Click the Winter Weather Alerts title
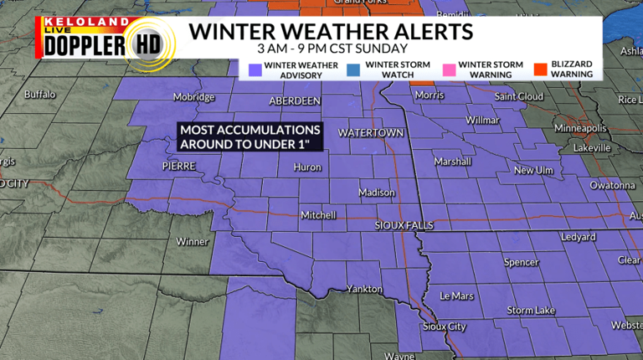pyautogui.click(x=330, y=32)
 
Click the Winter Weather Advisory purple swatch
pyautogui.click(x=254, y=69)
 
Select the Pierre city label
pyautogui.click(x=178, y=167)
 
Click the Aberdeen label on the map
pyautogui.click(x=295, y=100)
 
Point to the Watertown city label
pyautogui.click(x=371, y=133)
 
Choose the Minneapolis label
pyautogui.click(x=580, y=128)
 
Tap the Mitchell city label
pyautogui.click(x=318, y=215)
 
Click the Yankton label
pyautogui.click(x=364, y=290)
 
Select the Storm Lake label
pyautogui.click(x=531, y=311)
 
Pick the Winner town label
pyautogui.click(x=192, y=242)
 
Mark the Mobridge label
pyautogui.click(x=194, y=97)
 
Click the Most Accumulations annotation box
pyautogui.click(x=250, y=137)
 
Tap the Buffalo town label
pyautogui.click(x=39, y=94)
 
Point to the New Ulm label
pyautogui.click(x=534, y=170)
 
